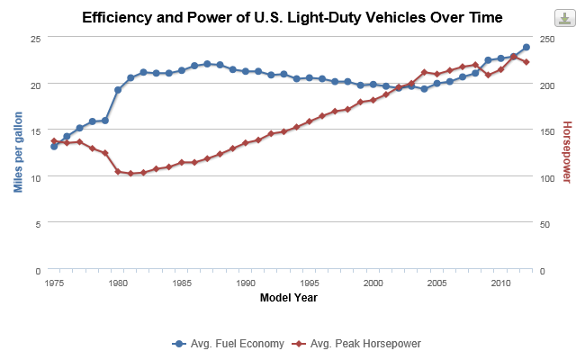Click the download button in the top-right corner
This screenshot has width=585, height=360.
(x=564, y=19)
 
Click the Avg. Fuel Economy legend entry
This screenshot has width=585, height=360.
(x=229, y=344)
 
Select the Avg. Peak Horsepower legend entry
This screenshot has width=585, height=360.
(x=359, y=344)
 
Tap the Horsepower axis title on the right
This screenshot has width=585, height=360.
(x=566, y=152)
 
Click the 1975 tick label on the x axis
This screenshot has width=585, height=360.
(x=54, y=283)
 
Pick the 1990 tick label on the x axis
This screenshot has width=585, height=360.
(x=245, y=283)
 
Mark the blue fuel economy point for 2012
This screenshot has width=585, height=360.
(x=526, y=47)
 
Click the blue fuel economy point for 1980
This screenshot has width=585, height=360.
(x=118, y=90)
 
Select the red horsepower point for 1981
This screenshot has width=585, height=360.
(x=130, y=174)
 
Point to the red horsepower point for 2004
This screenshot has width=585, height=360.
(x=424, y=71)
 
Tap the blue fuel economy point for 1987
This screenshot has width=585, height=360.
(x=207, y=64)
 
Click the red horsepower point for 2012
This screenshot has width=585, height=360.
(x=526, y=62)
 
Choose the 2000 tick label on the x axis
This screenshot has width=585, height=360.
(x=373, y=283)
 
